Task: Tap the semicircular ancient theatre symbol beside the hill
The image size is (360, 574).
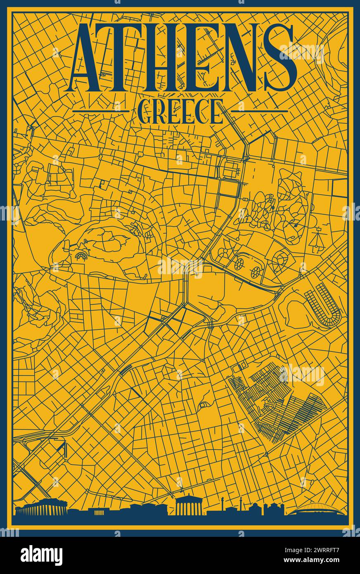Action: pos(81,256)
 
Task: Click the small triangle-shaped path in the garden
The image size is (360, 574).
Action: pos(317,240)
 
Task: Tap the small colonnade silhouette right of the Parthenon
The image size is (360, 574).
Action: pos(99,512)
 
